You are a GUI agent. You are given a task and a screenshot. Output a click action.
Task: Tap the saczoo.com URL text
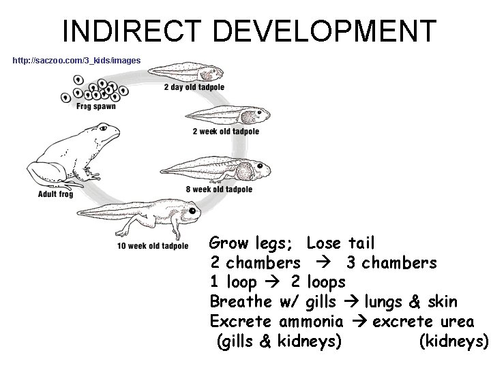coord(77,61)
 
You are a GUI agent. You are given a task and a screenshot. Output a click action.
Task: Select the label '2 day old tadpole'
coord(194,87)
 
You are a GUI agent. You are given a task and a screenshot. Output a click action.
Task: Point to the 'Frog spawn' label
coord(96,106)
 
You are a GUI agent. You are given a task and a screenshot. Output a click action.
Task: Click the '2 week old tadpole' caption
coord(226,131)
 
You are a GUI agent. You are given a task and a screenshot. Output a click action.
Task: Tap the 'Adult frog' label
coord(56,194)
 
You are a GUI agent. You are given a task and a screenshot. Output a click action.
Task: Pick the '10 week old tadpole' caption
coord(153,245)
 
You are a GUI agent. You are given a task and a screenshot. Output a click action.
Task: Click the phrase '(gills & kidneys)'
coord(278,341)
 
